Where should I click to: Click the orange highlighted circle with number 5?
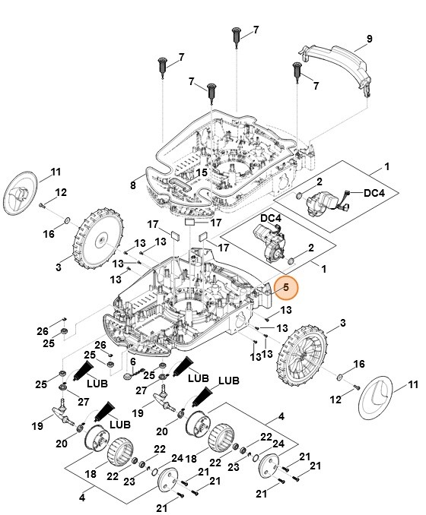286,288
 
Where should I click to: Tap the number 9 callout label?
369,39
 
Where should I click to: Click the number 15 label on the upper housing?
201,173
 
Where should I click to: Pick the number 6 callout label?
132,361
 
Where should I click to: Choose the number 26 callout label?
43,331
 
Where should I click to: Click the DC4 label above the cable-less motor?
272,219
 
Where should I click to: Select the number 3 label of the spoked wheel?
321,324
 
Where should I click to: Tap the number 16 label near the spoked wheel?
361,364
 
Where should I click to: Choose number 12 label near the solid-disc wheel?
61,191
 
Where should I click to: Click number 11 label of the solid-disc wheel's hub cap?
56,171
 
